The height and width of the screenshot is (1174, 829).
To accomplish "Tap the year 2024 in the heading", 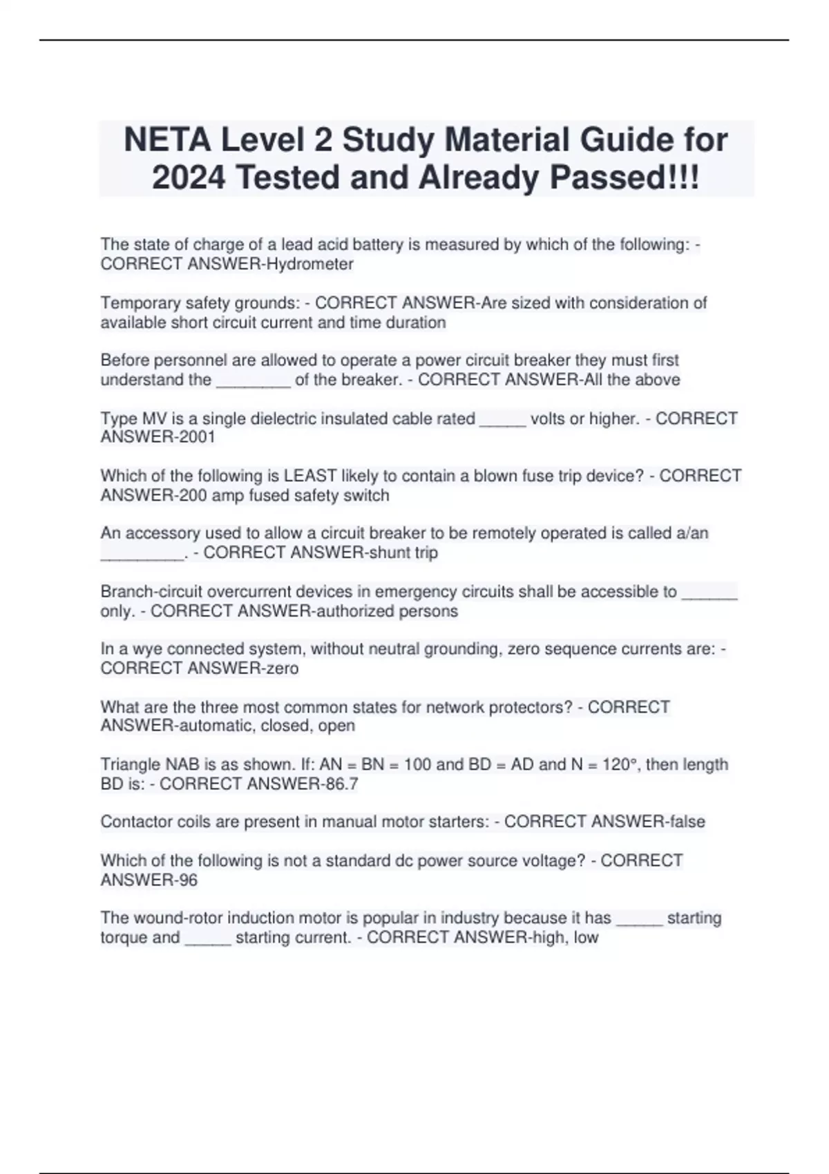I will click(x=189, y=177).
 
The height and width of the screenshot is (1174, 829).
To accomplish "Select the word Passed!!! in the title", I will click(x=625, y=177).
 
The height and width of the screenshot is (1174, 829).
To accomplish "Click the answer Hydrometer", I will click(x=310, y=264).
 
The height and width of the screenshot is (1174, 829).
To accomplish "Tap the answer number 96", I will click(x=188, y=880).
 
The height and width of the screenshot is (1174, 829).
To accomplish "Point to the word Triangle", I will click(x=130, y=764).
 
